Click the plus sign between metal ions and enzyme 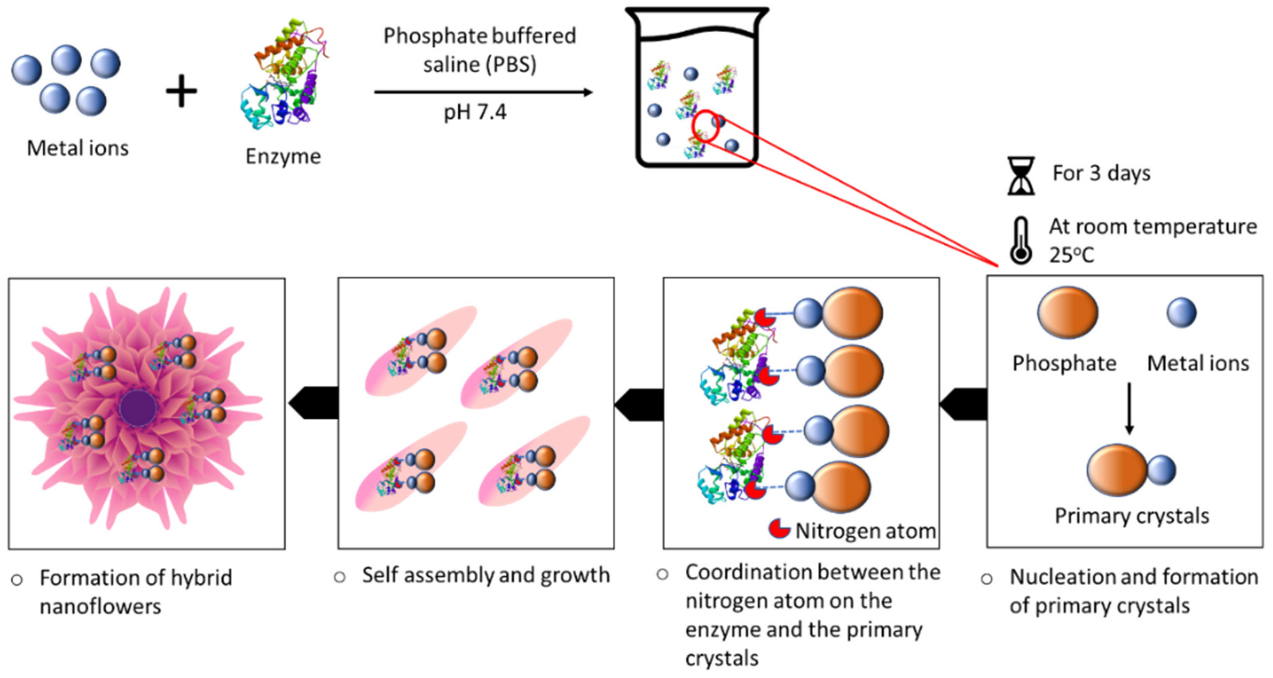(x=181, y=91)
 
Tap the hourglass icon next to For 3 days (x=1021, y=176)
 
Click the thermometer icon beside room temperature (x=1021, y=241)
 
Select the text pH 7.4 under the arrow (x=474, y=113)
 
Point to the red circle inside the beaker (x=706, y=126)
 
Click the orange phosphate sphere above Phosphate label (x=1067, y=312)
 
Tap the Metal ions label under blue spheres (x=78, y=148)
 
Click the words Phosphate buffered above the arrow (x=479, y=36)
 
